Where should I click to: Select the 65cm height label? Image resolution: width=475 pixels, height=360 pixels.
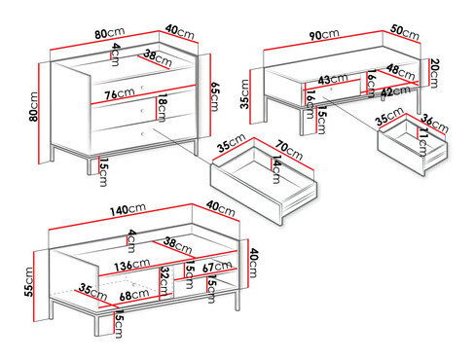coord(215,97)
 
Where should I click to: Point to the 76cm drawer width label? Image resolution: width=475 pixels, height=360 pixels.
coord(119,94)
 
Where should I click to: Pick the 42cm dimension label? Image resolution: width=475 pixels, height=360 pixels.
coord(393,92)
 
